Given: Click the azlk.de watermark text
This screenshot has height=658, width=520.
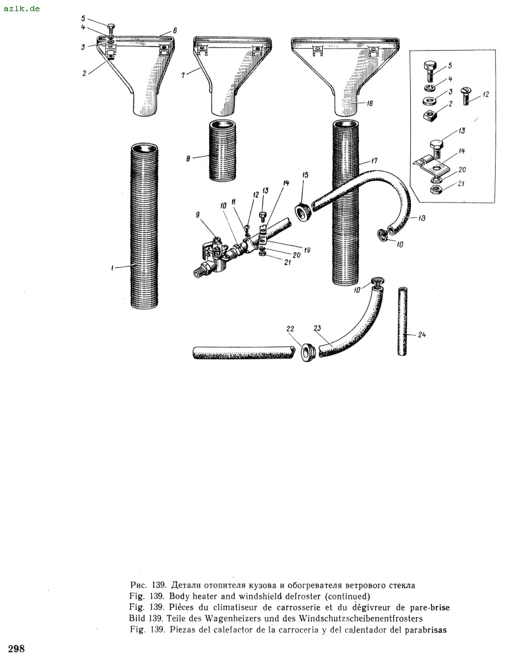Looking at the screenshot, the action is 22,8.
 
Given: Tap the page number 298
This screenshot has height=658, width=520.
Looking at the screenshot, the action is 16,649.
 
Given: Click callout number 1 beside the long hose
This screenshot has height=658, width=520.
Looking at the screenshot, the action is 112,268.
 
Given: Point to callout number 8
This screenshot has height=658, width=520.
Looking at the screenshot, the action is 188,159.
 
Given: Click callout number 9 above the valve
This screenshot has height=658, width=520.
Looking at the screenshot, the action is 197,215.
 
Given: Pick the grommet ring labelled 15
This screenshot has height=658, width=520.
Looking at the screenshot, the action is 303,212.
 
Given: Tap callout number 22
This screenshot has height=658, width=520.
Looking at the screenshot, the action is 290,329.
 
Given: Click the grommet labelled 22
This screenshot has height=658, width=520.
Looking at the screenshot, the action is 308,353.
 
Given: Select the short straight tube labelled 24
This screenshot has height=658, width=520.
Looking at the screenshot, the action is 402,321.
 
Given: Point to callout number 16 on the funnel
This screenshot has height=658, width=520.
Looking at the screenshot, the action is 369,103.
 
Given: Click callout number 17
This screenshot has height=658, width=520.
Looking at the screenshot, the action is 375,161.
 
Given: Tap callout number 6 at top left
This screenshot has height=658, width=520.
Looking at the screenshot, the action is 175,30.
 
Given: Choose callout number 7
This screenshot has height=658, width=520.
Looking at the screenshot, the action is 183,76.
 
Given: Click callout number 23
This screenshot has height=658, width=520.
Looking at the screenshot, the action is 318,328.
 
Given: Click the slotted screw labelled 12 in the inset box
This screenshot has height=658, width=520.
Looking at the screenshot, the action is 465,95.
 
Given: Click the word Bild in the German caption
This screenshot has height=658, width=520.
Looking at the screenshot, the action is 137,618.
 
